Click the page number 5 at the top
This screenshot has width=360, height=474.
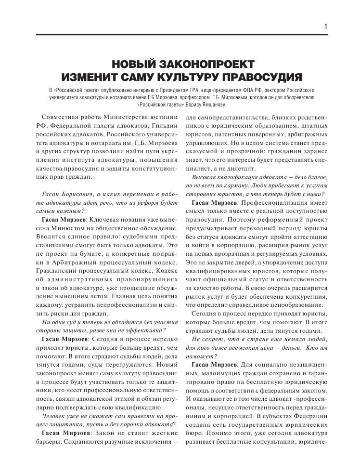coord(326,26)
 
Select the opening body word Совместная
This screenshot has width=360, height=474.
coord(60,118)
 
